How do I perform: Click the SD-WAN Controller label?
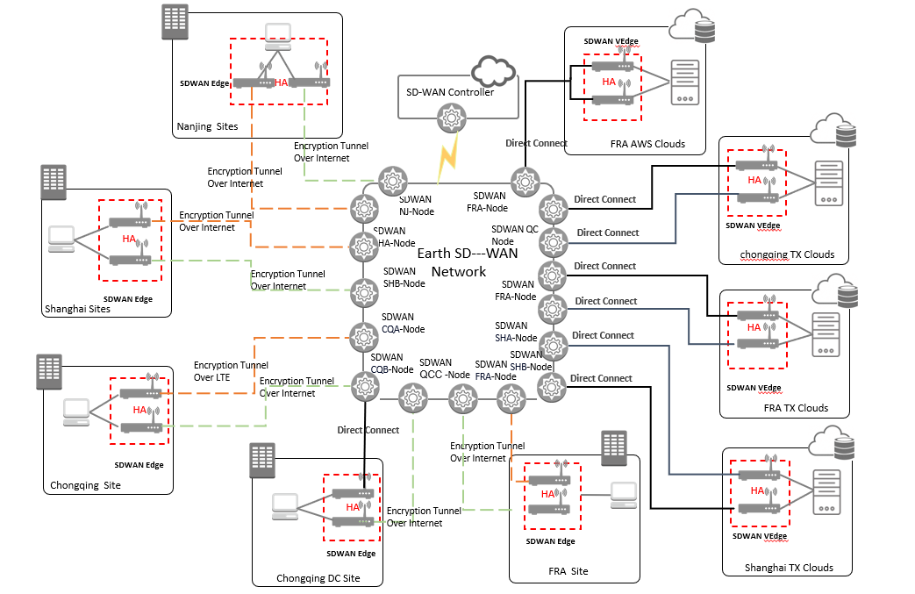tap(450, 92)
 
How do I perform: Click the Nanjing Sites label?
tap(207, 126)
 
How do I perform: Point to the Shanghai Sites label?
tap(77, 308)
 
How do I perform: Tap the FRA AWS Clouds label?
tap(647, 144)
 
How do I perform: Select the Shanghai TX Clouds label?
tap(789, 567)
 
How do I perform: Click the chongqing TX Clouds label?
tap(789, 254)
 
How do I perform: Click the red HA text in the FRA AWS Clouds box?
tap(609, 82)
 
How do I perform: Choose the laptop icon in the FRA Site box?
tap(624, 494)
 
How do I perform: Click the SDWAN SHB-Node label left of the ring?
tap(404, 277)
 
